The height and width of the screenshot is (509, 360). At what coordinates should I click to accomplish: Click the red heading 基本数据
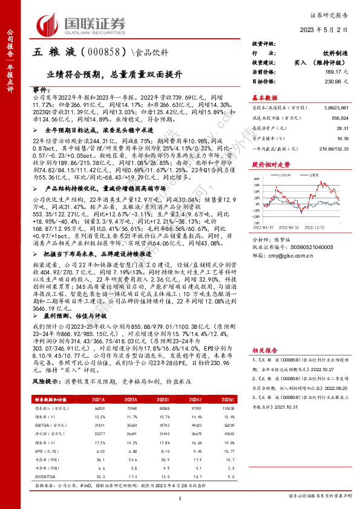pos(264,97)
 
